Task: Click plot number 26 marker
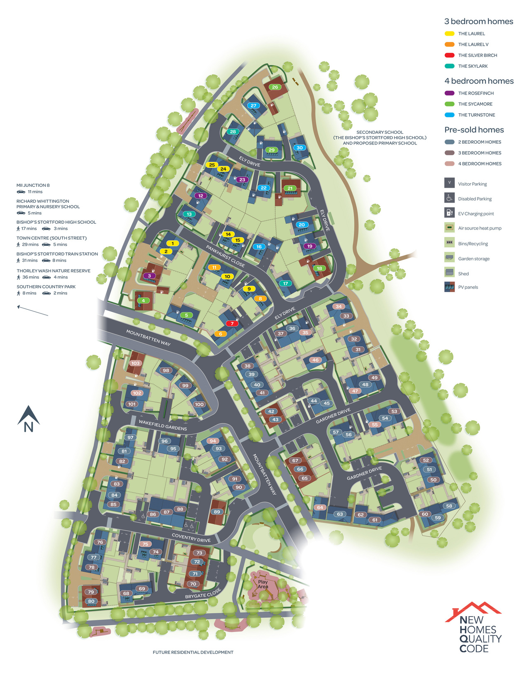(275, 87)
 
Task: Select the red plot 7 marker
(232, 323)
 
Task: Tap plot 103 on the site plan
(135, 363)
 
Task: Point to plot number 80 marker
(91, 601)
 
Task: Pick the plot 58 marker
(449, 506)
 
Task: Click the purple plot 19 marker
(309, 246)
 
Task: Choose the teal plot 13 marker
(189, 214)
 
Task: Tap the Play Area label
(263, 584)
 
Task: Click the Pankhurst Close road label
(225, 256)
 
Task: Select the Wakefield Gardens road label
(163, 425)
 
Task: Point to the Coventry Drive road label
(191, 538)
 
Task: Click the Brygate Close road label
(203, 594)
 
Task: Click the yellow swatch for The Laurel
(449, 34)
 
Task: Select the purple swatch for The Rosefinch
(449, 93)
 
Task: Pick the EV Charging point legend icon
(449, 213)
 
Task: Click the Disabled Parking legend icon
(449, 198)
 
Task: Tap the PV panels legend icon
(449, 287)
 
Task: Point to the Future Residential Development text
(193, 652)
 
